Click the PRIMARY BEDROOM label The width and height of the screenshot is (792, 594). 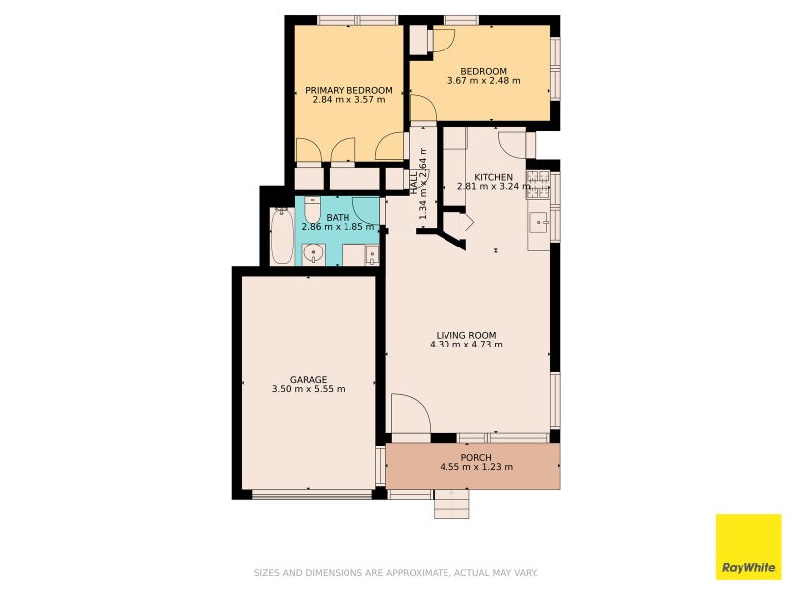348,90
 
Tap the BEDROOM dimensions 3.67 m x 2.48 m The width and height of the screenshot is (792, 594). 483,81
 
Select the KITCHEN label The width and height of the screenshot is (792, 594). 493,177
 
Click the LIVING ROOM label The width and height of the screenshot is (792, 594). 465,335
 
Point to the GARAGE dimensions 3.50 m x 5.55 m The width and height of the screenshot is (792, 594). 308,389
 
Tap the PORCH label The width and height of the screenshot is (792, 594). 476,458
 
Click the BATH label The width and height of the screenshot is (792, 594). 338,218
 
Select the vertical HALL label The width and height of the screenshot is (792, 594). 414,184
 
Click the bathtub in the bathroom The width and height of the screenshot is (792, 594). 281,236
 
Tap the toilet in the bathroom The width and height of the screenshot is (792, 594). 312,209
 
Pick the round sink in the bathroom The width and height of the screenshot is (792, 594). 314,253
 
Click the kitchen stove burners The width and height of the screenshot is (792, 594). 538,185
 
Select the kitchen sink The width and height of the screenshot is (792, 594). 539,222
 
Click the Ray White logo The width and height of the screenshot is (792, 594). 748,546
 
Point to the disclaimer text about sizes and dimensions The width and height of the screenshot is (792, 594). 395,573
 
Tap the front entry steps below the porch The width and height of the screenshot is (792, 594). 452,504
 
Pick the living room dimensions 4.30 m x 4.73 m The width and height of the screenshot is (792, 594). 465,345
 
